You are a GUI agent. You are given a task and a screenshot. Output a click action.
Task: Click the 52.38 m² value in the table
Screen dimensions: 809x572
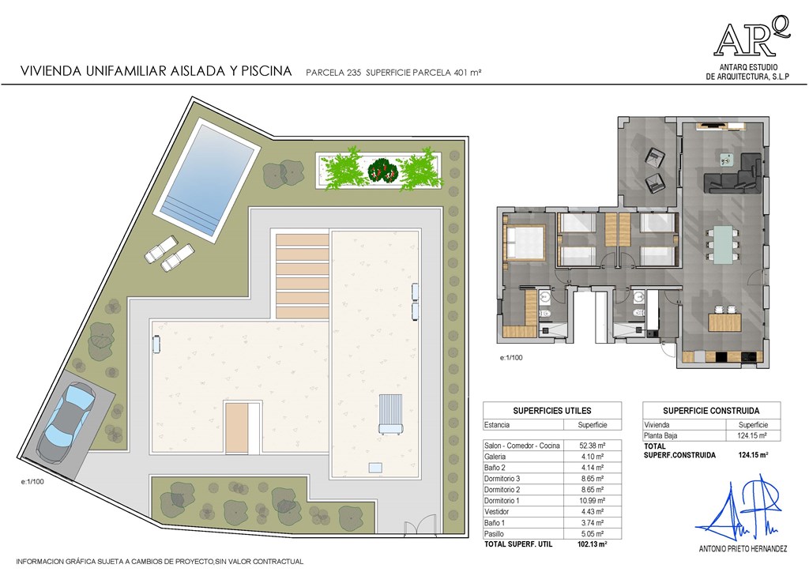click(593, 446)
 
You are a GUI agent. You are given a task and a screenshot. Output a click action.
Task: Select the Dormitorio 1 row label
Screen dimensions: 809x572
click(502, 501)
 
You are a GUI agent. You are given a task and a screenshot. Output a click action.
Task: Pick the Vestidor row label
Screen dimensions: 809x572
click(496, 512)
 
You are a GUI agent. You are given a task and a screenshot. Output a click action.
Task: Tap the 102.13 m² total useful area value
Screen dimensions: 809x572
click(592, 544)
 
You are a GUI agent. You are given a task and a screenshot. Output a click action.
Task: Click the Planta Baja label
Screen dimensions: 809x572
click(660, 435)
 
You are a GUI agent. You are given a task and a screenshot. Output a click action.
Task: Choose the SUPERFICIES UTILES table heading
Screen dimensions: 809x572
click(552, 411)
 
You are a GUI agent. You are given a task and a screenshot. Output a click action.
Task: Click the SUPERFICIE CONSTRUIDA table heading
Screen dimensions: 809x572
click(711, 411)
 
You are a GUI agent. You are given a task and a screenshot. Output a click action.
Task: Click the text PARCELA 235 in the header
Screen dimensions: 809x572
click(333, 73)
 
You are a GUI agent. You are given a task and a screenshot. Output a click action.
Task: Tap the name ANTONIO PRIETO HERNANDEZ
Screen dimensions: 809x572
click(743, 549)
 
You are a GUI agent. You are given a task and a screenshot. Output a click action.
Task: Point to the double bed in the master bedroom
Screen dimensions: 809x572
click(525, 243)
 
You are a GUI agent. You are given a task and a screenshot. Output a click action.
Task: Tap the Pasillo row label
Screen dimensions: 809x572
click(494, 534)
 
